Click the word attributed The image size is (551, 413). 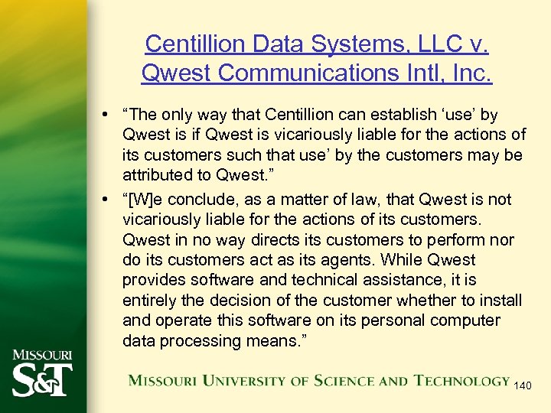155,174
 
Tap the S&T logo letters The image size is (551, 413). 43,379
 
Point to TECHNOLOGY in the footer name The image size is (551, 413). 462,380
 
